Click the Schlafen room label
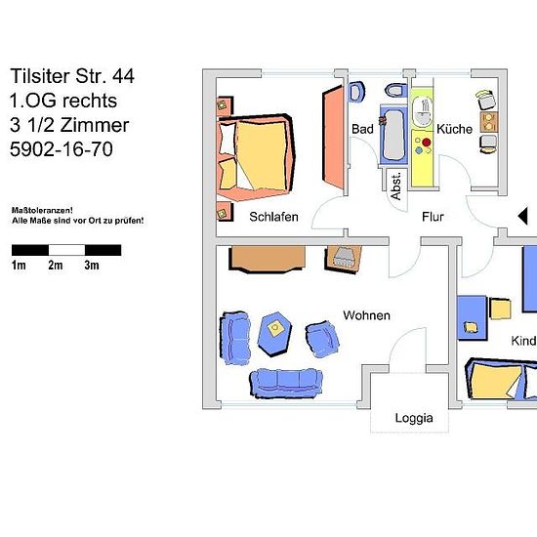(273, 217)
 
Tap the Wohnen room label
(366, 315)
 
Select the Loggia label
(414, 418)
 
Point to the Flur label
(433, 217)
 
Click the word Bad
(362, 129)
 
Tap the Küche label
(454, 129)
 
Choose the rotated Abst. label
(395, 186)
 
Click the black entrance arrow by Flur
(522, 217)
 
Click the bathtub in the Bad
(393, 135)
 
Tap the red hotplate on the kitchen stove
(427, 143)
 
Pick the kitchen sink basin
(422, 111)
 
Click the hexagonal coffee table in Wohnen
(274, 334)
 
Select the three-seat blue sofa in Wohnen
(287, 383)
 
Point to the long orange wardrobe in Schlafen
(333, 137)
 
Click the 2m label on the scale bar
(55, 265)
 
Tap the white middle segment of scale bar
(66, 250)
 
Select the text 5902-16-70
(62, 149)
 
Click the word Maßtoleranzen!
(42, 210)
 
